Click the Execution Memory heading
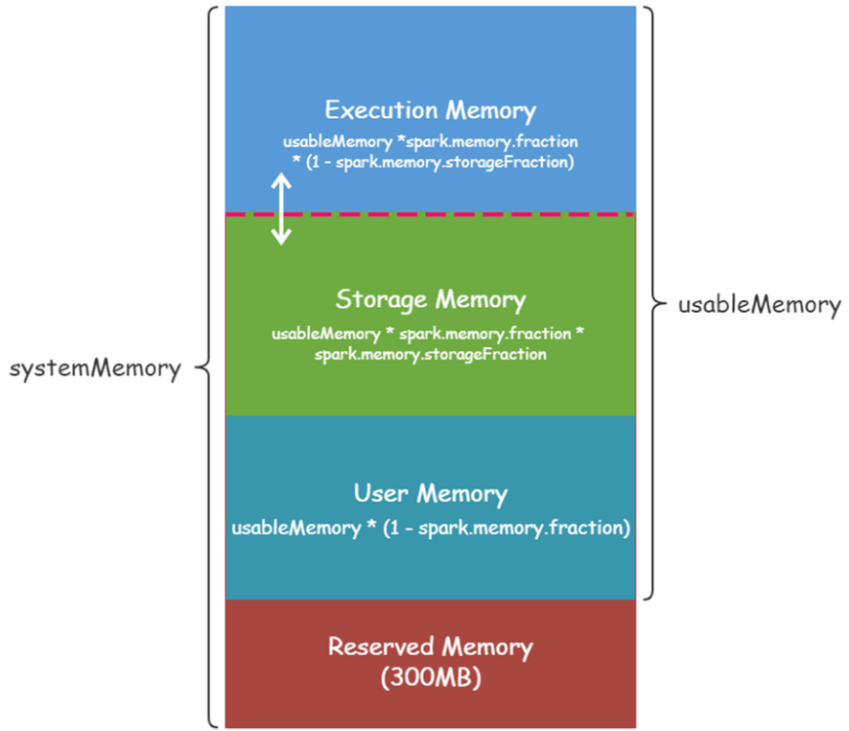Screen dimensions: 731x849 click(430, 109)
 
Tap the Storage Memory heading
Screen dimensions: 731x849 click(430, 299)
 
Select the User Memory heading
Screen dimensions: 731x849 click(430, 493)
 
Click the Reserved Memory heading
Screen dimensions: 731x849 click(430, 646)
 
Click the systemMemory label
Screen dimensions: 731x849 click(95, 369)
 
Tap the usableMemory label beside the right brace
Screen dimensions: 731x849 click(759, 305)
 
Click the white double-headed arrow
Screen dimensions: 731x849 click(281, 209)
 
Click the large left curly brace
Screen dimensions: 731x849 click(206, 368)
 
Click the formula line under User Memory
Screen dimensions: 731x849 click(430, 528)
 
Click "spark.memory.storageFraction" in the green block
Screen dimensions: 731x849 click(430, 355)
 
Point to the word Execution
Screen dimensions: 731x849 click(377, 109)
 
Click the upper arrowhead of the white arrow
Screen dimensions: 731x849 click(281, 180)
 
